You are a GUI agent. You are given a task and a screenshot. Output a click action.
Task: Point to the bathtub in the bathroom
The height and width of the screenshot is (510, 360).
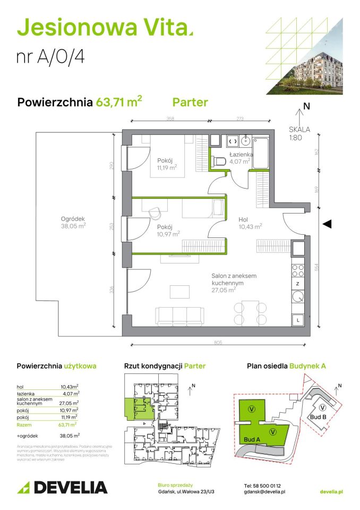261,153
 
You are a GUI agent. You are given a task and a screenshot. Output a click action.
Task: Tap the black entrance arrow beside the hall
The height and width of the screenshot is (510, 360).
327,224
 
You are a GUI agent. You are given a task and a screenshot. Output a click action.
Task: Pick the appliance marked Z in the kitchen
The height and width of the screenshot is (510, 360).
298,284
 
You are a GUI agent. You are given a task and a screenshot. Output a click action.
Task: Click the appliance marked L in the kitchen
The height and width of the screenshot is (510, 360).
298,320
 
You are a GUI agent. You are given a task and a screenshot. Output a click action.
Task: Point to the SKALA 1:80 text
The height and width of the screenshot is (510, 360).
299,132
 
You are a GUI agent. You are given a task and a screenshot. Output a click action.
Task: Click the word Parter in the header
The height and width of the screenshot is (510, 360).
190,102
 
